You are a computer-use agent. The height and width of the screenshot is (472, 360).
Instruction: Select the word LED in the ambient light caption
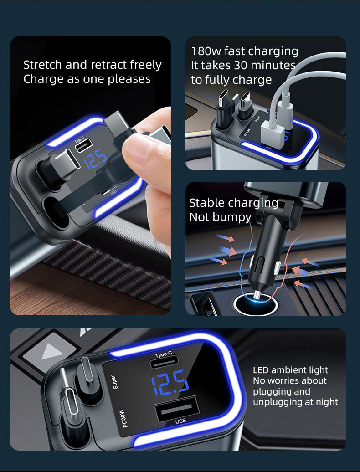tap(261, 370)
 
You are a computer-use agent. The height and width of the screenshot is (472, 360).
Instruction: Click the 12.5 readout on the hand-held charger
tap(95, 159)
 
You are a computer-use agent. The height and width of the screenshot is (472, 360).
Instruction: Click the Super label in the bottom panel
tap(114, 382)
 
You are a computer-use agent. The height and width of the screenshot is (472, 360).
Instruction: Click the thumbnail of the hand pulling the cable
tap(90, 176)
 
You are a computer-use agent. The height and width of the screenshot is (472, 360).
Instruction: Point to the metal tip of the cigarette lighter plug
tap(257, 295)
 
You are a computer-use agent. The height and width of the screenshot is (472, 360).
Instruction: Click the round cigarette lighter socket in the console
tap(256, 304)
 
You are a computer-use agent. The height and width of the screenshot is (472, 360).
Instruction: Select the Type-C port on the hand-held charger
tap(81, 146)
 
